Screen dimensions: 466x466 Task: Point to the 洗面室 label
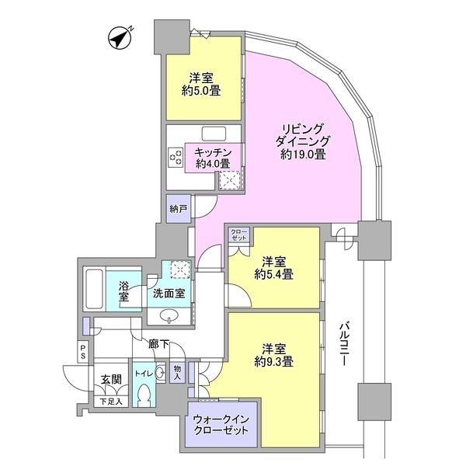point(169,294)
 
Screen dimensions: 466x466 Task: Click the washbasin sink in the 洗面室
point(172,317)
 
